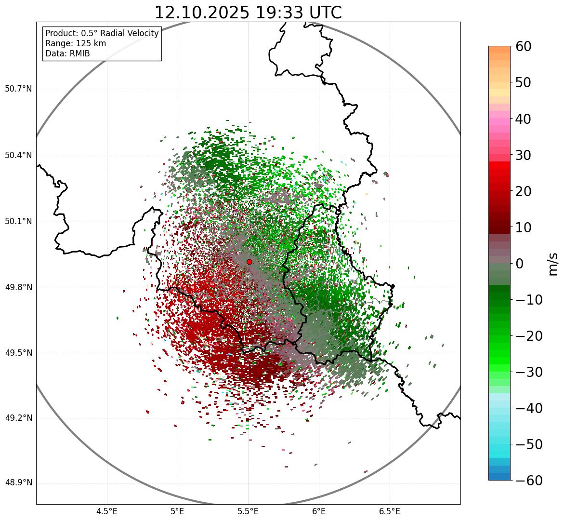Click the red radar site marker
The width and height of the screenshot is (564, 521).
(x=249, y=262)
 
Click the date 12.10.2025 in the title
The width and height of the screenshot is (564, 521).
(x=202, y=13)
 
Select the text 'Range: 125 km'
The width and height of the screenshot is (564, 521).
(x=76, y=43)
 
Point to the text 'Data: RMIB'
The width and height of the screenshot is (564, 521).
(x=67, y=53)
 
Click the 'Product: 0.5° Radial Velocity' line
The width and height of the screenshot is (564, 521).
(x=102, y=33)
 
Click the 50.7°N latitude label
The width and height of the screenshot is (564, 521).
(x=18, y=89)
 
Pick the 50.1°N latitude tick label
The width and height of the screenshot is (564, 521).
(x=18, y=222)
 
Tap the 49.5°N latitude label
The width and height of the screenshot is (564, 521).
(x=18, y=353)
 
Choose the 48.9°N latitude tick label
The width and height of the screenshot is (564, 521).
(x=18, y=483)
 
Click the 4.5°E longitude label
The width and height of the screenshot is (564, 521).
(x=107, y=511)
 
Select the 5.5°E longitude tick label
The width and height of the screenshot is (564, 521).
(x=248, y=511)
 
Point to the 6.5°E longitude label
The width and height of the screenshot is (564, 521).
(x=389, y=511)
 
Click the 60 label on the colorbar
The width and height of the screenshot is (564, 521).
(x=524, y=46)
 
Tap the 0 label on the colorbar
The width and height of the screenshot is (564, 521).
(x=520, y=264)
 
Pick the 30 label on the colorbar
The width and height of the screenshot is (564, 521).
(x=524, y=155)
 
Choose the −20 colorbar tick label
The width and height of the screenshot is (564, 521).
(x=529, y=336)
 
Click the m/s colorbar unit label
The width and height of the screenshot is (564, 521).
(x=553, y=264)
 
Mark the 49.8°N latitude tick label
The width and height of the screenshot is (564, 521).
(x=18, y=288)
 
